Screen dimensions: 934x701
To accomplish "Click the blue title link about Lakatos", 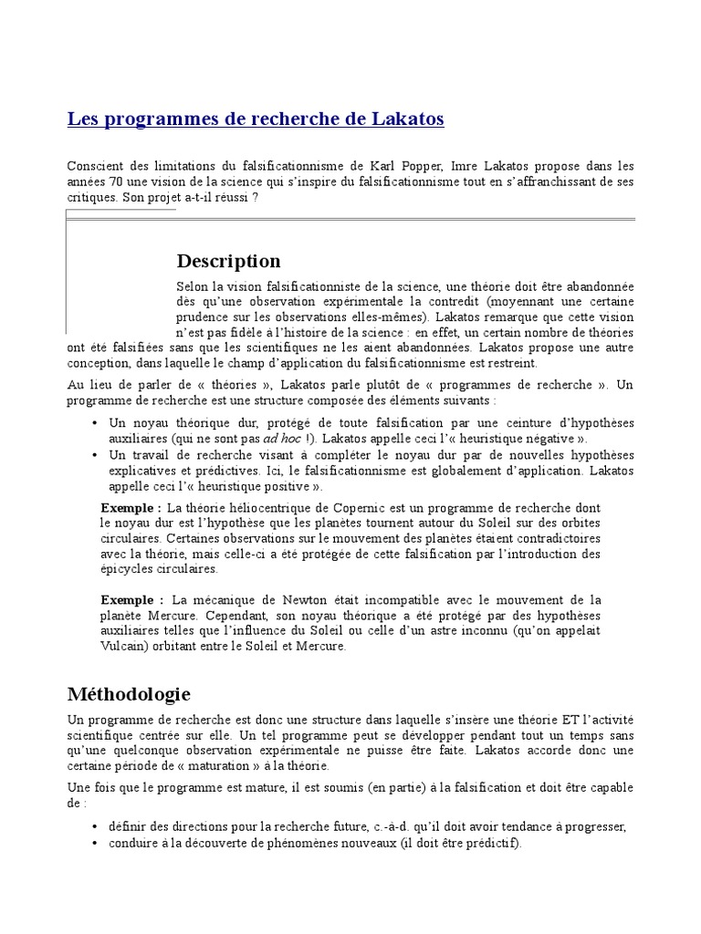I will click(x=256, y=119).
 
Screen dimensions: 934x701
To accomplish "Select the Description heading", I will click(x=228, y=262).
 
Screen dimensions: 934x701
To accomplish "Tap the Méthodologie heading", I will click(x=129, y=694).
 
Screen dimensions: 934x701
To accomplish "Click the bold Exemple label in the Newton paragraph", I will click(x=132, y=600).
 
